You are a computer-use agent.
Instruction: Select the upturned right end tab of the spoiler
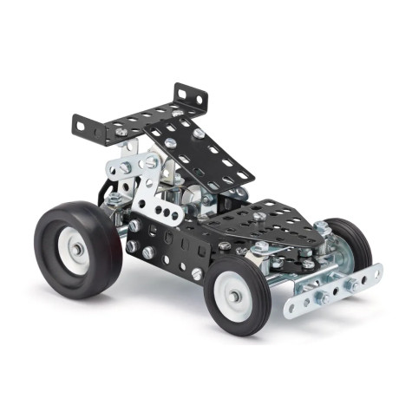tap(188, 93)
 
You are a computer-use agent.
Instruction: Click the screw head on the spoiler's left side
tap(121, 131)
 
